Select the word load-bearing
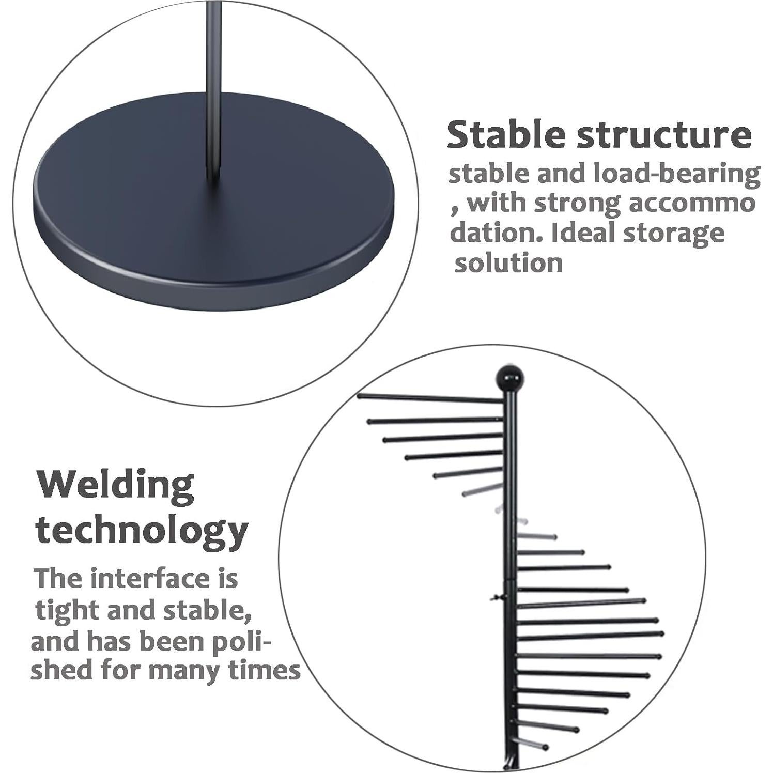677,175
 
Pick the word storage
674,234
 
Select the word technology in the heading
142,532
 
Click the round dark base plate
213,201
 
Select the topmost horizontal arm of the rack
430,398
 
